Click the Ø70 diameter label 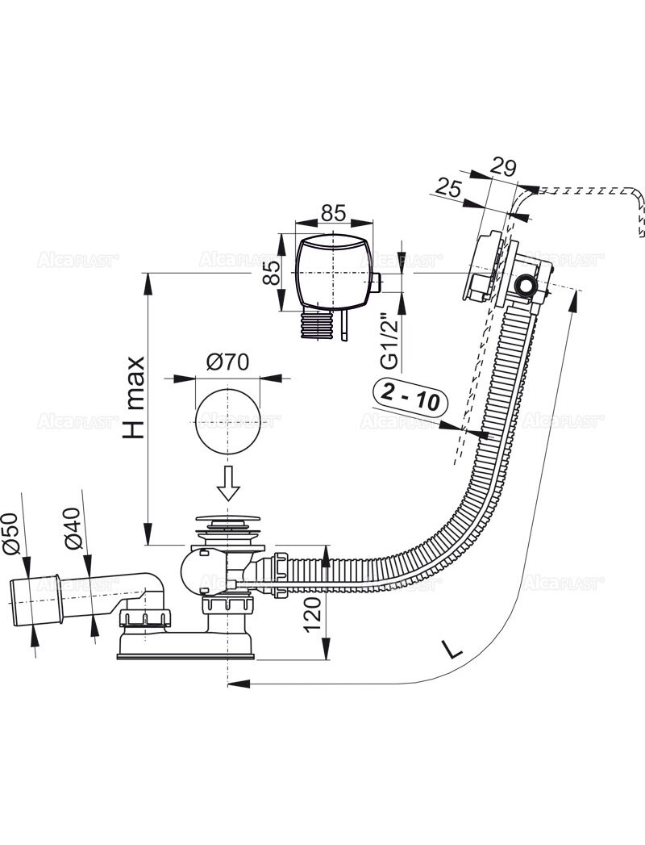(227, 364)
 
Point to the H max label (133, 398)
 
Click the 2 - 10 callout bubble (411, 399)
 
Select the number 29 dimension (503, 167)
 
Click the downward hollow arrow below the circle (227, 482)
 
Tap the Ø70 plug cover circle (227, 420)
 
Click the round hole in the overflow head (526, 287)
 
